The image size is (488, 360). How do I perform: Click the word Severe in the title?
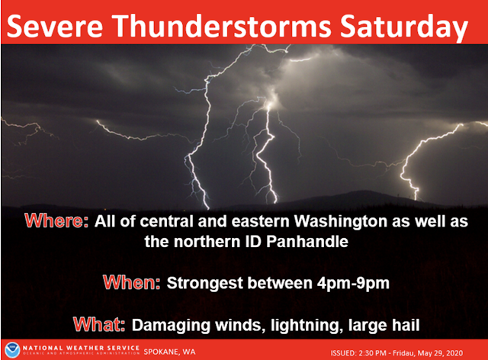[x=54, y=25]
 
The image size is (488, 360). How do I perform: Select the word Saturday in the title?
[x=403, y=27]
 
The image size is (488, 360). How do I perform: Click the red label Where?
[x=56, y=221]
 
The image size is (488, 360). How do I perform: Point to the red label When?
[x=132, y=283]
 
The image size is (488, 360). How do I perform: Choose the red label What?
[x=99, y=324]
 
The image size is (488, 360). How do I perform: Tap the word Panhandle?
[x=307, y=242]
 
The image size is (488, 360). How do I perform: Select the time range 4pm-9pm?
[x=353, y=284]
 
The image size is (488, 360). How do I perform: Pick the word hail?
[x=406, y=325]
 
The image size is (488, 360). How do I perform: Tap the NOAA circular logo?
[x=12, y=349]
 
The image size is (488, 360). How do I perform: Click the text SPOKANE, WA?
[x=169, y=352]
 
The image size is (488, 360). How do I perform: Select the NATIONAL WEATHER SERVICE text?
[x=81, y=348]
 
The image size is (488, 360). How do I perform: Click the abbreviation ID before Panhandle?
[x=254, y=242]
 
